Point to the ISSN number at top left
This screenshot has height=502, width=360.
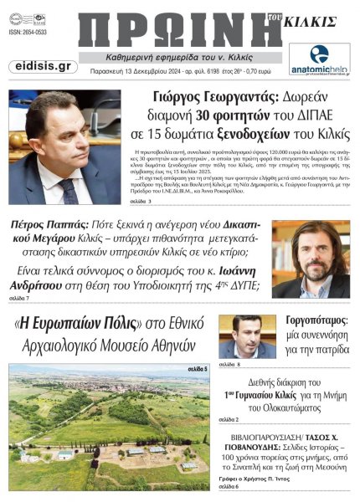point(29,33)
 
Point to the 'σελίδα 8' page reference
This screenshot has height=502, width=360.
point(229,366)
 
